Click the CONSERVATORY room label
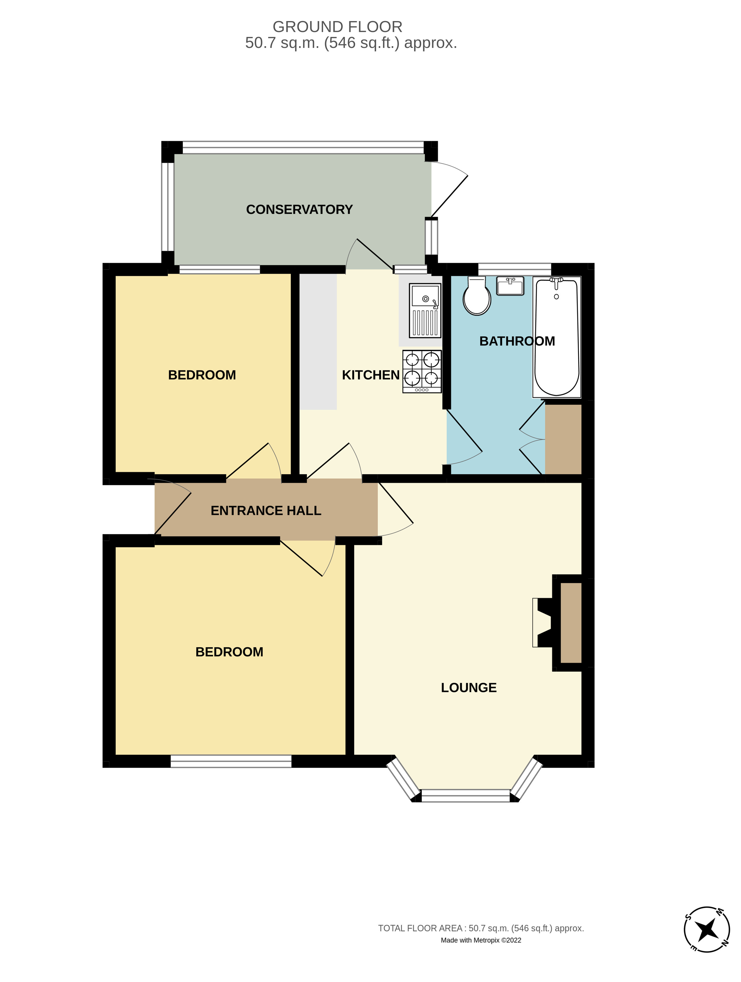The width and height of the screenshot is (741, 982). tap(299, 209)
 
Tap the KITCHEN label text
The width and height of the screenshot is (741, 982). tap(370, 375)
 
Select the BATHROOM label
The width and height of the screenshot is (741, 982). tap(517, 341)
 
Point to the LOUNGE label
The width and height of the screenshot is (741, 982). tap(468, 688)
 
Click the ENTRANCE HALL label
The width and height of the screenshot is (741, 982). tap(265, 511)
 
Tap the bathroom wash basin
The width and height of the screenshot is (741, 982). tap(510, 286)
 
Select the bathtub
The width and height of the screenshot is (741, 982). tap(557, 338)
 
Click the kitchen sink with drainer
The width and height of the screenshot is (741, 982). tap(425, 311)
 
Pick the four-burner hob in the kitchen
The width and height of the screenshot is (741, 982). tap(422, 371)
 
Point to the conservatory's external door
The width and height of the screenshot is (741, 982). tap(449, 195)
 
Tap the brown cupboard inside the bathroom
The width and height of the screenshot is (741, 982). tap(563, 438)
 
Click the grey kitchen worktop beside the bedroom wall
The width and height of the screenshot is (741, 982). tap(318, 342)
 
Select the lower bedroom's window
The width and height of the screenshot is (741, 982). tap(231, 761)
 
